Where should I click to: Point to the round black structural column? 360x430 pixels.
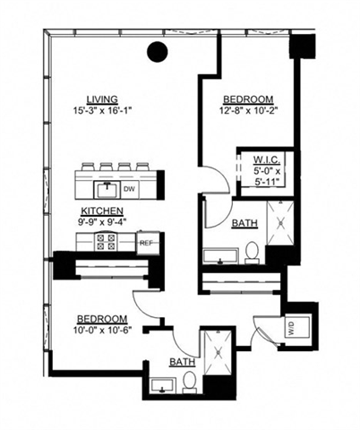pos(159,53)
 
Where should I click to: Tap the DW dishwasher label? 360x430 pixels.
pos(129,188)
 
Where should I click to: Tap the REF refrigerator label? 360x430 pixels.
pos(145,243)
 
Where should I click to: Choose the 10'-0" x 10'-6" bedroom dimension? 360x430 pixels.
pos(100,329)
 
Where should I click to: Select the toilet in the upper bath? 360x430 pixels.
pos(253,250)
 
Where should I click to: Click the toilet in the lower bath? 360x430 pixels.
pos(190,383)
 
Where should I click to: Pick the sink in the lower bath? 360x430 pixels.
pos(160,386)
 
